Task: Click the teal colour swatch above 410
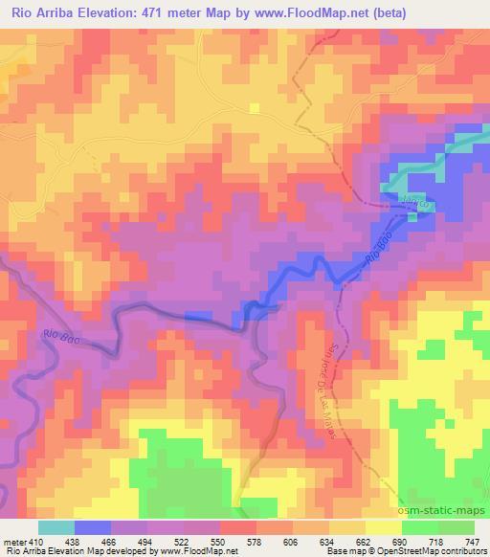(x=56, y=527)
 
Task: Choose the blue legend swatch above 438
(x=92, y=527)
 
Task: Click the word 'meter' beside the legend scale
(x=12, y=541)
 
